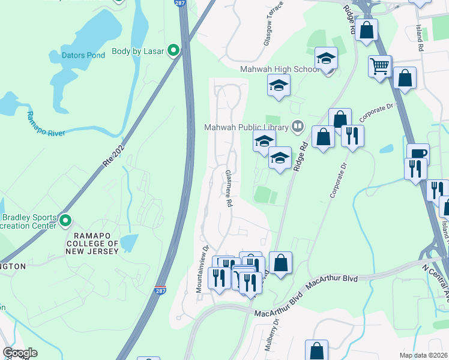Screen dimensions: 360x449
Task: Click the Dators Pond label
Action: (83, 55)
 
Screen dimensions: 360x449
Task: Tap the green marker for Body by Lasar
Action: (173, 50)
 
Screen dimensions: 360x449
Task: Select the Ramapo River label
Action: (37, 125)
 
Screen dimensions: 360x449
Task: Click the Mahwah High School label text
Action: (280, 69)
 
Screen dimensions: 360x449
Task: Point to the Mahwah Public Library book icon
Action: (297, 126)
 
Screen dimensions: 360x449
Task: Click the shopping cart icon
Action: (380, 67)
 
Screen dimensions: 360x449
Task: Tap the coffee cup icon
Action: (418, 154)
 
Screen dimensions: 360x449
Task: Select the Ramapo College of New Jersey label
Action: (96, 243)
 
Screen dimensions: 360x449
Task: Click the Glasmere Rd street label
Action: (228, 188)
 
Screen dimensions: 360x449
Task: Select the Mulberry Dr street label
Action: (276, 329)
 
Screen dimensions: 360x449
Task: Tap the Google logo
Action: (20, 353)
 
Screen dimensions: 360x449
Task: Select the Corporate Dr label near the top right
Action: (381, 112)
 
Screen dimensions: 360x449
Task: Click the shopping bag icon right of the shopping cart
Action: (405, 79)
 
